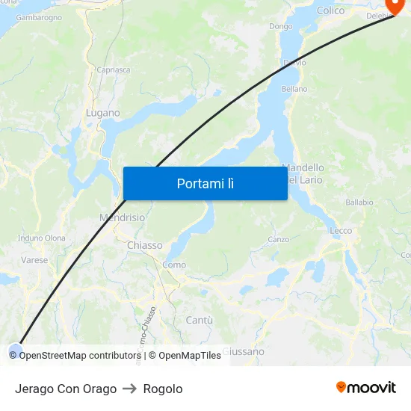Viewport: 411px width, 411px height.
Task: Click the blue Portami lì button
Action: [205, 183]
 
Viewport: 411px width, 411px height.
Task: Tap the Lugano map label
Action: [102, 113]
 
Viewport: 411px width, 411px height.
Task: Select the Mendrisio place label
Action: [122, 217]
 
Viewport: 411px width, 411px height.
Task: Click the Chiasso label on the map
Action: [144, 245]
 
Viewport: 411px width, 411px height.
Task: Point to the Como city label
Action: [174, 265]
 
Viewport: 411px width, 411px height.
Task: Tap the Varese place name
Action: [34, 261]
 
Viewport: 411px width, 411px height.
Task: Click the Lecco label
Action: [341, 231]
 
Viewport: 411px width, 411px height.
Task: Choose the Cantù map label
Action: [199, 320]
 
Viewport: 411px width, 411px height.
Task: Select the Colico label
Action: [330, 10]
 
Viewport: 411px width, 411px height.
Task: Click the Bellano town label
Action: [294, 89]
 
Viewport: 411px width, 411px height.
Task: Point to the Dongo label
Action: [281, 26]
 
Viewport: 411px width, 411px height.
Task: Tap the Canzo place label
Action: [278, 240]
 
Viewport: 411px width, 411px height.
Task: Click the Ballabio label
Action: [359, 203]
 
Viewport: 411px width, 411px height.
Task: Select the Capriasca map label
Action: [113, 70]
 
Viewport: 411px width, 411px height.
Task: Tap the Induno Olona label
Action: [41, 238]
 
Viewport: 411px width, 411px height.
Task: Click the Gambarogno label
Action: [38, 17]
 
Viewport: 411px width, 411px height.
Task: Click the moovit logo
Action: [365, 388]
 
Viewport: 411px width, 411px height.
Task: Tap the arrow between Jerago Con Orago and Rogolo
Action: [130, 389]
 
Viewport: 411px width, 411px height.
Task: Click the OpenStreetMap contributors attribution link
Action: [78, 356]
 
